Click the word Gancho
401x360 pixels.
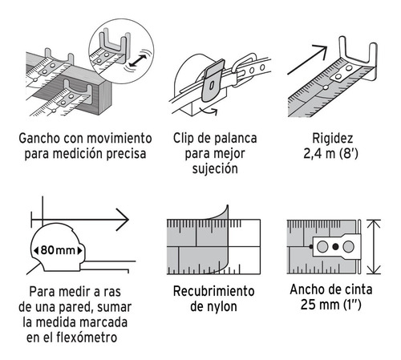click(39, 139)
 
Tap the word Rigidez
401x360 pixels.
click(333, 139)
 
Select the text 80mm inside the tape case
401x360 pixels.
click(58, 250)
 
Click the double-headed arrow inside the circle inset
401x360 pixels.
click(138, 61)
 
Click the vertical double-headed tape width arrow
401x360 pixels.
click(374, 247)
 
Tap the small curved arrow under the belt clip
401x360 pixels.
click(208, 110)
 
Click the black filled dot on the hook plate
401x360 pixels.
click(335, 247)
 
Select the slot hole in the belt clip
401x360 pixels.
click(212, 86)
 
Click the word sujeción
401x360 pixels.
click(215, 169)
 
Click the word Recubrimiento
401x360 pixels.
click(213, 291)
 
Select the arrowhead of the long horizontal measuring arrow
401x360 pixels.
click(123, 220)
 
